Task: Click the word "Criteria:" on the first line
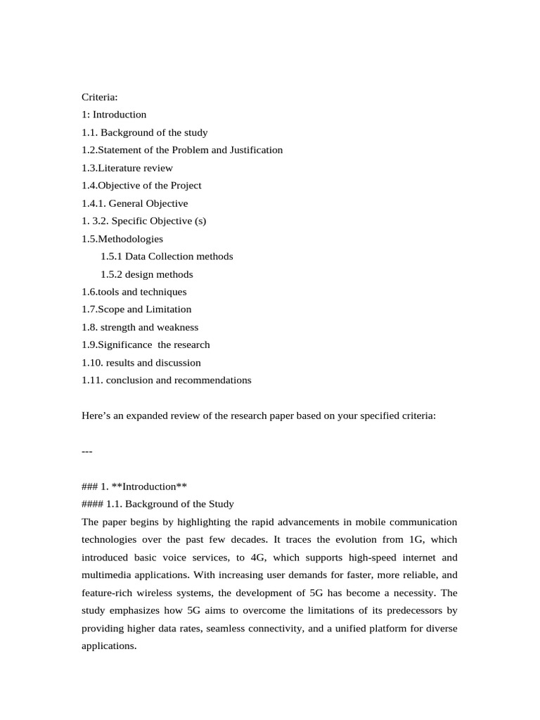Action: click(x=100, y=97)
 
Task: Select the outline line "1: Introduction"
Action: click(x=114, y=115)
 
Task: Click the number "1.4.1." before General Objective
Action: click(x=94, y=203)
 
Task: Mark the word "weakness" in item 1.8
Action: click(x=179, y=327)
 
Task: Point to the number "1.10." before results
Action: click(x=92, y=363)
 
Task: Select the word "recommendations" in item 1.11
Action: click(x=214, y=380)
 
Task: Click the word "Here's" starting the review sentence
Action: click(x=96, y=416)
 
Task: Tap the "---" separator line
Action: click(x=87, y=451)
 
